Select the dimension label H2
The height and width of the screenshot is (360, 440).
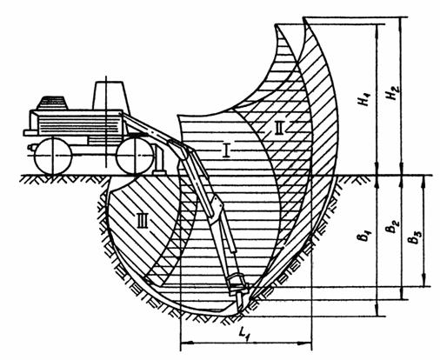click(393, 93)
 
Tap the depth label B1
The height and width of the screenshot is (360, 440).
click(364, 236)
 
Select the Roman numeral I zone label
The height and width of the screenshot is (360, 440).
click(226, 150)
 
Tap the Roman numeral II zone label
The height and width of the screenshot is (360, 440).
click(278, 128)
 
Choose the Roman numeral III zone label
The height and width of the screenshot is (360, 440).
click(143, 220)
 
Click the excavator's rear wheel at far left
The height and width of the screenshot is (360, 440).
click(53, 156)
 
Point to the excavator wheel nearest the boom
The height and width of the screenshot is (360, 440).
click(135, 156)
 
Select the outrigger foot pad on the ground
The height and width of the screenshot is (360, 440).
click(159, 172)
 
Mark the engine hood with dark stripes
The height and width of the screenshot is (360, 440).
click(52, 103)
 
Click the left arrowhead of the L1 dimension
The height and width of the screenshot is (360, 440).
click(184, 343)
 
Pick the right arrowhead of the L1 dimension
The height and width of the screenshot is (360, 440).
click(307, 343)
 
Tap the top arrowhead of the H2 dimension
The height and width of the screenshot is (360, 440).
click(402, 22)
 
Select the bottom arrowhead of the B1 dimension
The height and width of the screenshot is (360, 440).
click(377, 312)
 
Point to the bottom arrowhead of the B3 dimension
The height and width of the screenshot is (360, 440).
click(424, 282)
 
